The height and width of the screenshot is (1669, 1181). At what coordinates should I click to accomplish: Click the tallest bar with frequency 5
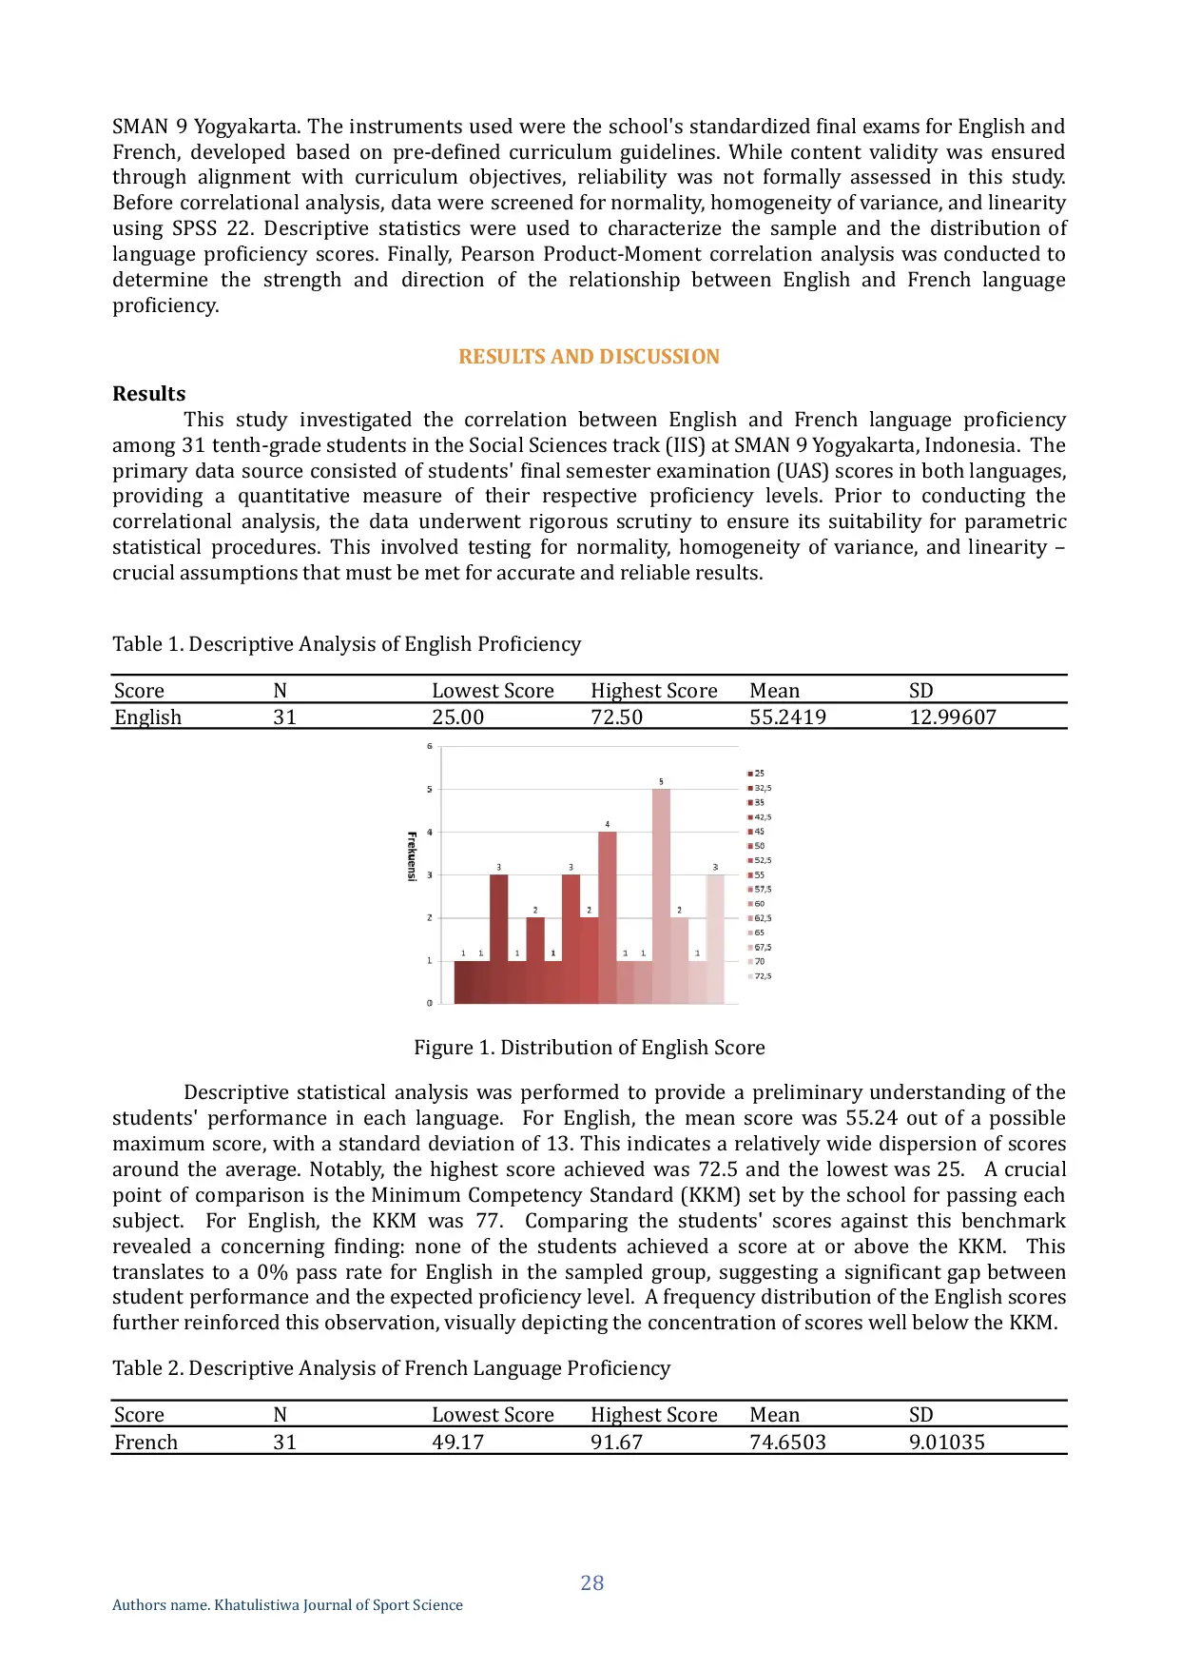(661, 894)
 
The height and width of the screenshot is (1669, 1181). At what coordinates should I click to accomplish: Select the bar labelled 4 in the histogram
(607, 916)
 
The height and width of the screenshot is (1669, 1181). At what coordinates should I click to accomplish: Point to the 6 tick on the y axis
(429, 746)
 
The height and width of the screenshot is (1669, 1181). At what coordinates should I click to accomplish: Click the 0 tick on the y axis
(429, 1003)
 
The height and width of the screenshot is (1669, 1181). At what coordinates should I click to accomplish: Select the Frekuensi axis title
(412, 856)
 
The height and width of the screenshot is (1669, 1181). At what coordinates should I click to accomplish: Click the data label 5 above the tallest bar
(661, 781)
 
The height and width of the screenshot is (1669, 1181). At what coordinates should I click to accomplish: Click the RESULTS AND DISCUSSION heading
(589, 357)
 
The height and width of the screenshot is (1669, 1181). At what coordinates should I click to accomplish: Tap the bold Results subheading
(149, 394)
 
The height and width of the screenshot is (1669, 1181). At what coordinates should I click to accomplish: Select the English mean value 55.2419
(787, 717)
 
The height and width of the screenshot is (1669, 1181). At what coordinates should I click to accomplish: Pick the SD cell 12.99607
(952, 717)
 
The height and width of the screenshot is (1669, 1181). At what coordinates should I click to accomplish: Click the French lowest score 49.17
(457, 1443)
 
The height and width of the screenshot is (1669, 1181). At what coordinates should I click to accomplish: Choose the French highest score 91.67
(616, 1443)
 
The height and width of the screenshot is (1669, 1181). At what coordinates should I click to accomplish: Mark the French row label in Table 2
(145, 1443)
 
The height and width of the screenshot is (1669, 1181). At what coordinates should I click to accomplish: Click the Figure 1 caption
(589, 1048)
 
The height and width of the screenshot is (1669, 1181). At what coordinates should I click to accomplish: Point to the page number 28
(591, 1583)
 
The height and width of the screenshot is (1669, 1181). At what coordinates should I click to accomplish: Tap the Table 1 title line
(346, 644)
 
